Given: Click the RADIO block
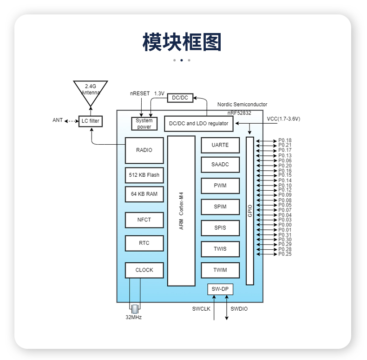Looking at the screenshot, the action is point(144,150).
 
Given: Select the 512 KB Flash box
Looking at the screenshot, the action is point(144,175).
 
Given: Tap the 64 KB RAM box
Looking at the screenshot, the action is point(144,194).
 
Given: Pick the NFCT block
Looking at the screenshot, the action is point(144,220).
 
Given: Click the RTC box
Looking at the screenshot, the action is point(144,243).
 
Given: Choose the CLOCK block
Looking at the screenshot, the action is point(144,270).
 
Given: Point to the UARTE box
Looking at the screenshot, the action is point(220,145).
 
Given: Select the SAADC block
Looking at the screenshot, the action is point(220,165).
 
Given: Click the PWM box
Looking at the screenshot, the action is point(220,186).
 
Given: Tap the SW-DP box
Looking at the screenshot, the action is point(220,289).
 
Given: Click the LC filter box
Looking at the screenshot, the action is point(91,121).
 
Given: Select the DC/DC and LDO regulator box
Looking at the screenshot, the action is point(199,124).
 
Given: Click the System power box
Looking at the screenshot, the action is point(144,124).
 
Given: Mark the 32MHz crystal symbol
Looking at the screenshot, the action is point(135,309).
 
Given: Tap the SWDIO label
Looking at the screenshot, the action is point(239,309).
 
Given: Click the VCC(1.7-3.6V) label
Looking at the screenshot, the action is point(283,119).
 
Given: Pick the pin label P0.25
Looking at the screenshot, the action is point(285,254).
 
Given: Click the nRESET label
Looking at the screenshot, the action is point(140,93).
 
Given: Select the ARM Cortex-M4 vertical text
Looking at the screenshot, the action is point(181,211).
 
